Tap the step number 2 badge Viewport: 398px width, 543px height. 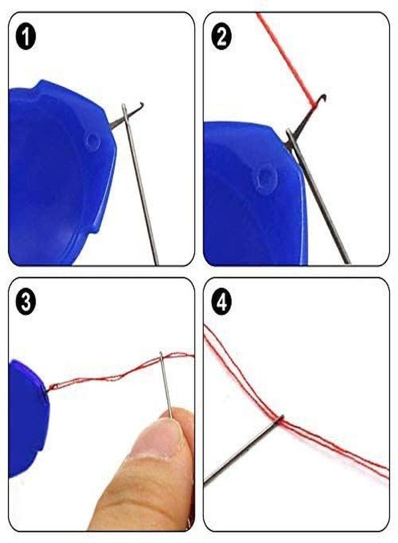222,37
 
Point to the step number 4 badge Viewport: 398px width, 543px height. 222,302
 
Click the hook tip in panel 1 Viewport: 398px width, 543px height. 141,105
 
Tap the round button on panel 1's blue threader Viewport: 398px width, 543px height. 92,141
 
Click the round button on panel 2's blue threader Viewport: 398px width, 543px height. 265,177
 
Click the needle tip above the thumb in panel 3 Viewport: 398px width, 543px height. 162,354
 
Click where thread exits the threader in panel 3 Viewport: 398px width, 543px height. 48,387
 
